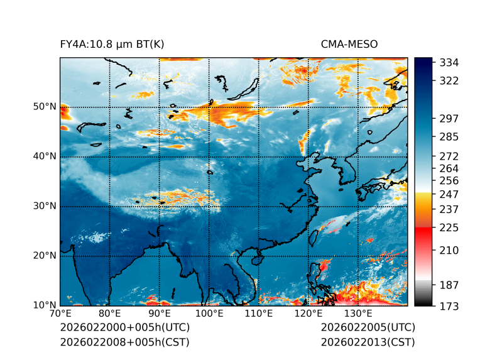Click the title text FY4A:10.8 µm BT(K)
(x=112, y=45)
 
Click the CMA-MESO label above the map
(x=349, y=45)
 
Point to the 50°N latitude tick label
(x=44, y=107)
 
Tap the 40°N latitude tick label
(x=44, y=156)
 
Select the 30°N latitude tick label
(x=44, y=206)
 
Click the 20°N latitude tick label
(x=44, y=256)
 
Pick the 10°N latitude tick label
(x=44, y=305)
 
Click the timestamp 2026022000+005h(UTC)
(x=124, y=328)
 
